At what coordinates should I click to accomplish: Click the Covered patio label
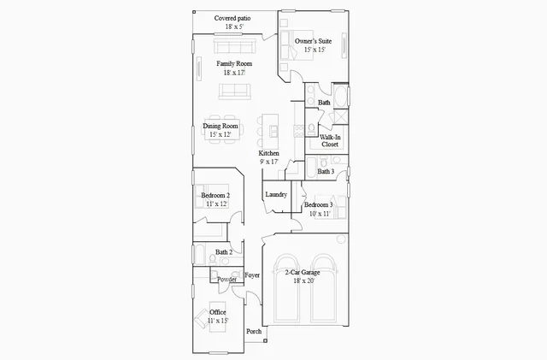[233, 17]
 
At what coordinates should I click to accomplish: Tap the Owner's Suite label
[314, 41]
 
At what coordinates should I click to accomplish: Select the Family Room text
[233, 64]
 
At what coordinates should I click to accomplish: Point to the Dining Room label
[221, 127]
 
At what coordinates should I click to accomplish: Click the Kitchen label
[269, 153]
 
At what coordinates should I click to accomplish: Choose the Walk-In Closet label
[330, 140]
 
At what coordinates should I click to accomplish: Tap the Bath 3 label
[326, 171]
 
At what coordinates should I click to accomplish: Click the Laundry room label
[276, 195]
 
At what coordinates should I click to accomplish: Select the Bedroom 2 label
[215, 196]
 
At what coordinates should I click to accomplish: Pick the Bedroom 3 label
[318, 205]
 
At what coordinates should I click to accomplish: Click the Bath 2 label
[224, 252]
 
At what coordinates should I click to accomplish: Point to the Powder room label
[226, 280]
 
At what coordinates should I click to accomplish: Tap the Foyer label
[252, 275]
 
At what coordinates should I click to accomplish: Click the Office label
[218, 312]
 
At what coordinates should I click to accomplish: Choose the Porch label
[254, 332]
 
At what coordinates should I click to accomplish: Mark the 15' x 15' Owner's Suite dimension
[314, 50]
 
